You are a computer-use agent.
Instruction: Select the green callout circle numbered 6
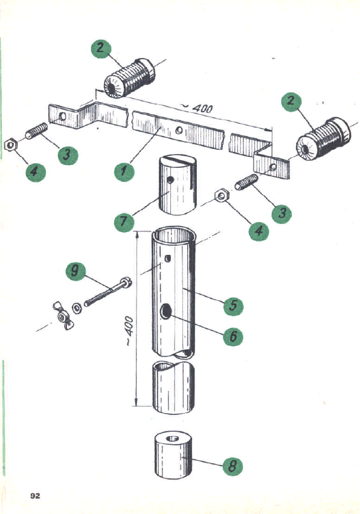[233, 336]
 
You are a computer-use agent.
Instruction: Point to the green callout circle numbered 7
[124, 221]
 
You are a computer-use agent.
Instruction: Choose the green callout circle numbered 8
[233, 466]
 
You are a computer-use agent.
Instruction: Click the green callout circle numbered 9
[75, 271]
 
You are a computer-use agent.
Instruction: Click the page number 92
[35, 496]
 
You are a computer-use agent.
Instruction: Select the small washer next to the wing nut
[77, 307]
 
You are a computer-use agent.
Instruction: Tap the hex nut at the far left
[10, 145]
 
